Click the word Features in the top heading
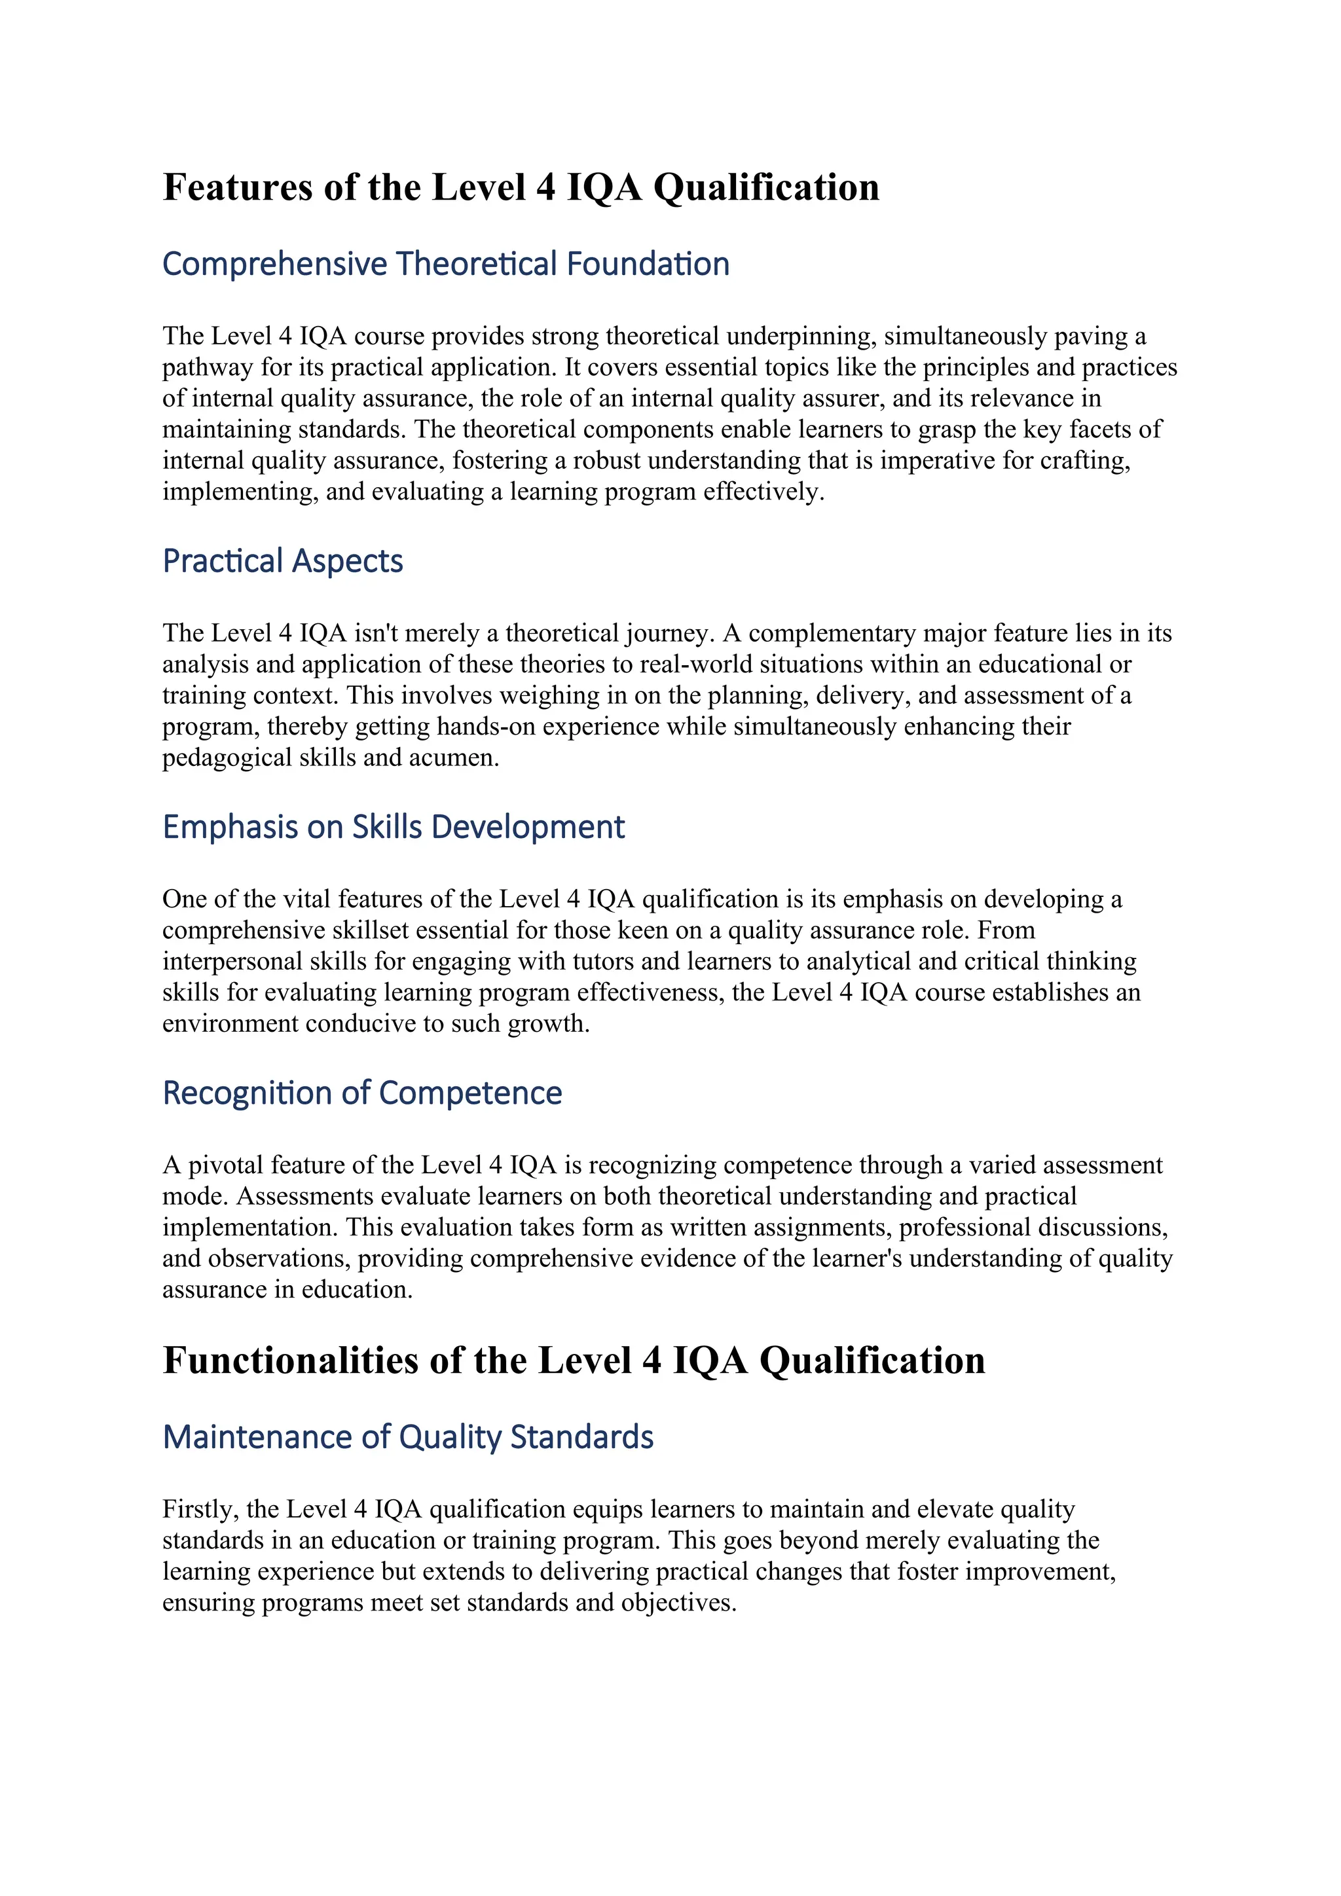(x=238, y=187)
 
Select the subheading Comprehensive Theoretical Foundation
(x=445, y=264)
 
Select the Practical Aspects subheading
(x=282, y=562)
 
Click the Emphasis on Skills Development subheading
(x=393, y=828)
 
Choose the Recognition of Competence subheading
(x=361, y=1093)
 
